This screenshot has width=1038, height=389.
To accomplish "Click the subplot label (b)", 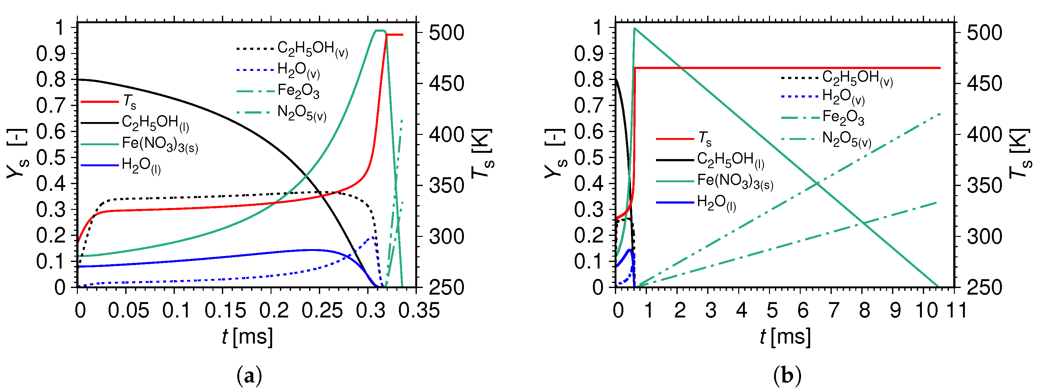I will click(787, 376).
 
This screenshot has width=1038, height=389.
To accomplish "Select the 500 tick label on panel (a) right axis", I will click(446, 33).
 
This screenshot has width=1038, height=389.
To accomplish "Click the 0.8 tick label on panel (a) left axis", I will click(51, 79).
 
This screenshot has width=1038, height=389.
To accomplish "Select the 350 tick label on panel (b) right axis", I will click(984, 186).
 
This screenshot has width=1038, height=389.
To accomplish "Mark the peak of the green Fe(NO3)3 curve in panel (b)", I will click(634, 29).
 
